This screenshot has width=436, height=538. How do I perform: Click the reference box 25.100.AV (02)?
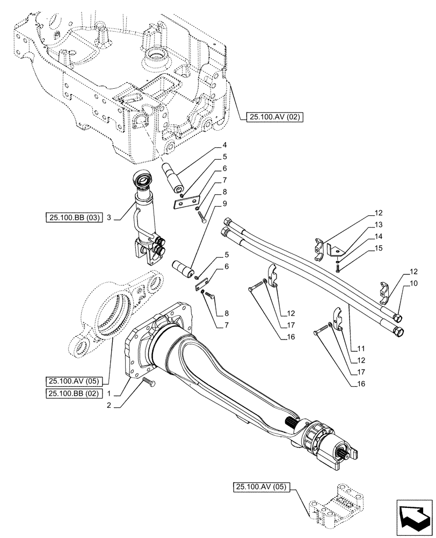pyautogui.click(x=272, y=117)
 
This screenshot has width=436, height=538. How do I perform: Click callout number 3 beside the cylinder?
pyautogui.click(x=109, y=218)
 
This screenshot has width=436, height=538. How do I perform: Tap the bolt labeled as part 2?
pyautogui.click(x=149, y=382)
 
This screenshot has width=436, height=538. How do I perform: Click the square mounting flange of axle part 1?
pyautogui.click(x=141, y=344)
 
